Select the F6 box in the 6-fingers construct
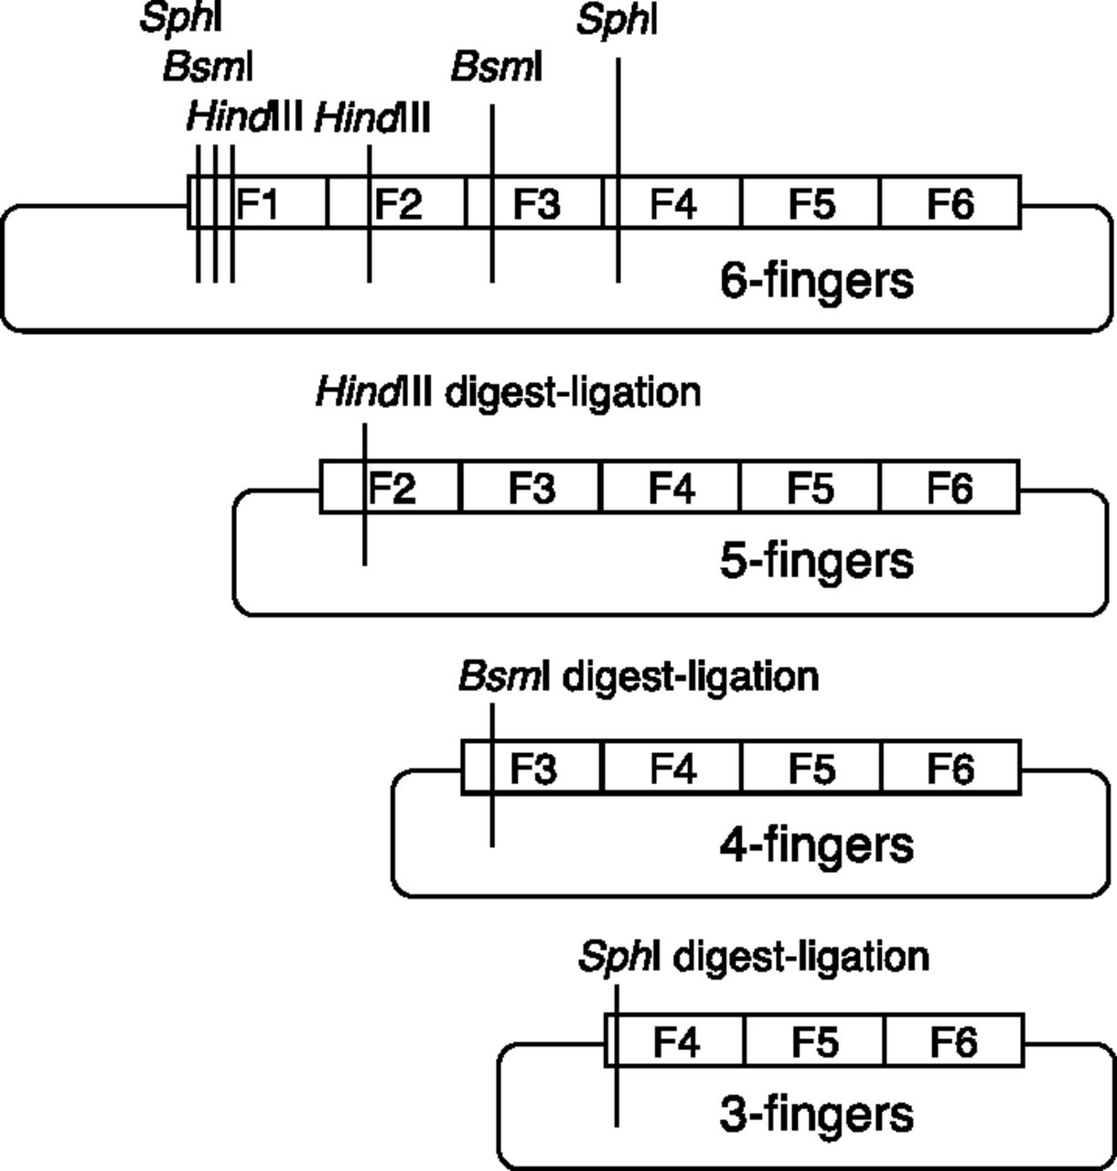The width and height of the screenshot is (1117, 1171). tap(950, 202)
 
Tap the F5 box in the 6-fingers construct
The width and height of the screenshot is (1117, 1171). tap(811, 202)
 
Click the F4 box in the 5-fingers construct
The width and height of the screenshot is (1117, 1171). tap(671, 487)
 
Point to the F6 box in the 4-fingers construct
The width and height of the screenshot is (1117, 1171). tap(950, 768)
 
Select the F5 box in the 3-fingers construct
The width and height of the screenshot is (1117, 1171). tap(814, 1041)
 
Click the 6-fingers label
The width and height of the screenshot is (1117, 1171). tap(816, 280)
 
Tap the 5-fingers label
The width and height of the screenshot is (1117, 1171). tap(816, 560)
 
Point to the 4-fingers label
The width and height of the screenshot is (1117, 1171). tap(816, 843)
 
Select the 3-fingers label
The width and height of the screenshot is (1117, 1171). tap(816, 1114)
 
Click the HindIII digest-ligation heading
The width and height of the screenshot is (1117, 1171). tap(508, 392)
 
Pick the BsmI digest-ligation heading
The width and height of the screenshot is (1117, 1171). tap(638, 677)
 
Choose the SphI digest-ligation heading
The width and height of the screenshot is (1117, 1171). tap(754, 957)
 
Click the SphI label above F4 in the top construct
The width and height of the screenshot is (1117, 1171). tap(617, 20)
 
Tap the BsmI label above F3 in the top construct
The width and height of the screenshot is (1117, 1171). tap(497, 67)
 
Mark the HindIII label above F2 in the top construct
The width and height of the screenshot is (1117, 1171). tap(371, 118)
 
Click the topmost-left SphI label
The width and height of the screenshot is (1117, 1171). tap(181, 18)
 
